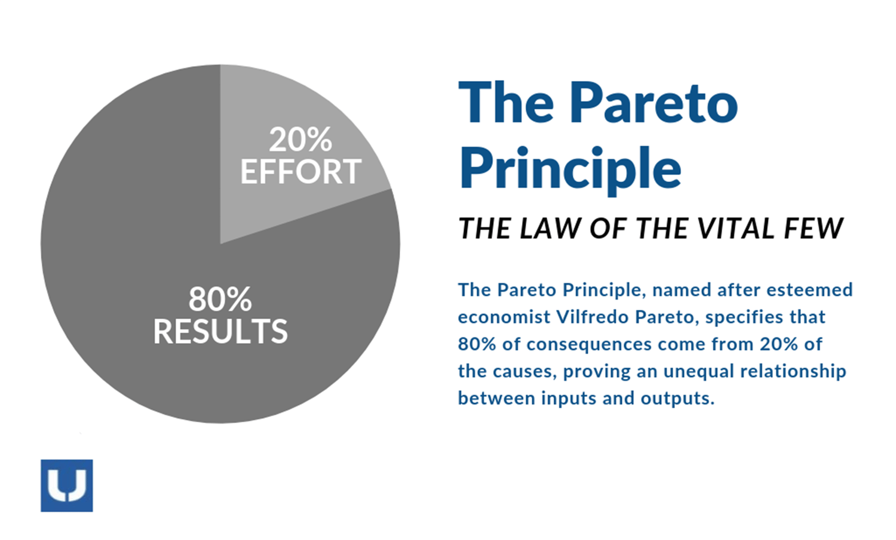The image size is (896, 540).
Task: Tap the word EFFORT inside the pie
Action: pos(300,172)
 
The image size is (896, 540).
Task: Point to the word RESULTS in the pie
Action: pos(220,332)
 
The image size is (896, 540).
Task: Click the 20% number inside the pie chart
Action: pos(300,140)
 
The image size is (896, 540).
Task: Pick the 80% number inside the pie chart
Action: pos(220,299)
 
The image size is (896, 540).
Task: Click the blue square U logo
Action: pos(67,485)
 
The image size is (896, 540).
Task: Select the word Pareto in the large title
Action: pos(653,103)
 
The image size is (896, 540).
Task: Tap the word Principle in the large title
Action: pos(570,168)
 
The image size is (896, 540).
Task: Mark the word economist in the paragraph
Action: pos(504,317)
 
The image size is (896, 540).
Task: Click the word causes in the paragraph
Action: pos(521,371)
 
